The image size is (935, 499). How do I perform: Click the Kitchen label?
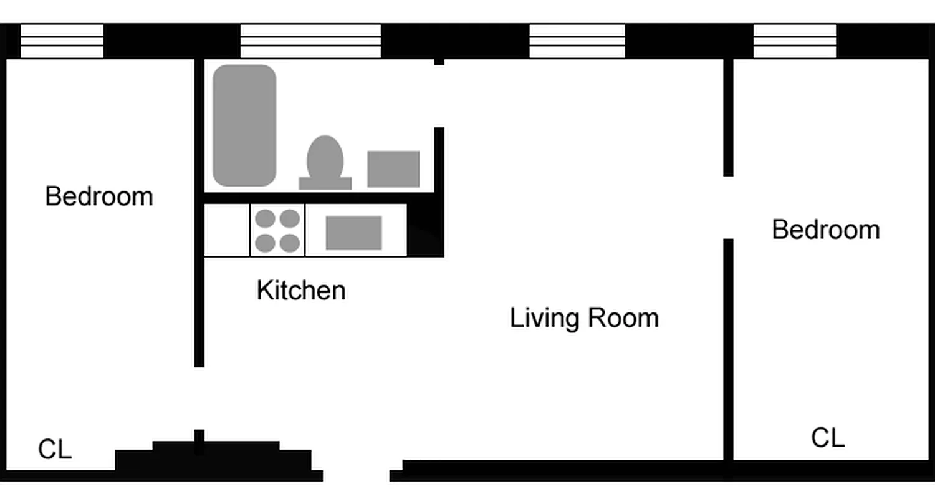click(301, 291)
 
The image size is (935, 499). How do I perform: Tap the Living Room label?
click(584, 318)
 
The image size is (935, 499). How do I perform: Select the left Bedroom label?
click(99, 196)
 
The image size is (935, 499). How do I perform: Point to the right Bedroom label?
click(826, 230)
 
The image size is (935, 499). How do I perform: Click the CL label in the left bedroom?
click(55, 449)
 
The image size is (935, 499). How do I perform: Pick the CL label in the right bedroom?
click(828, 438)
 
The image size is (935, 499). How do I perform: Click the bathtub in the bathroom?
click(244, 125)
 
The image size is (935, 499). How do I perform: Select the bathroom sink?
click(393, 169)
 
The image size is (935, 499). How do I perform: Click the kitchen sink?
click(354, 233)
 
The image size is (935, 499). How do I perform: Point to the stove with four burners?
click(277, 230)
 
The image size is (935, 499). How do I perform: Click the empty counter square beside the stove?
click(227, 230)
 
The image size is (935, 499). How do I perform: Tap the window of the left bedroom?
click(62, 41)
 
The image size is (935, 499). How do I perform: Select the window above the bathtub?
click(310, 41)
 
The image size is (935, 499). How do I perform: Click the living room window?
click(577, 41)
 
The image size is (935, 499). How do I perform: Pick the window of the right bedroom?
click(795, 41)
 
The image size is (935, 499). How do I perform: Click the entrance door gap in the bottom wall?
click(357, 475)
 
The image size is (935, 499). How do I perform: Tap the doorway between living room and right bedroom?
click(728, 208)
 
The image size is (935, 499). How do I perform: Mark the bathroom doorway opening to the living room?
click(439, 96)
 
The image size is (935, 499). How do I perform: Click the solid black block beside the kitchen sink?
click(426, 230)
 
